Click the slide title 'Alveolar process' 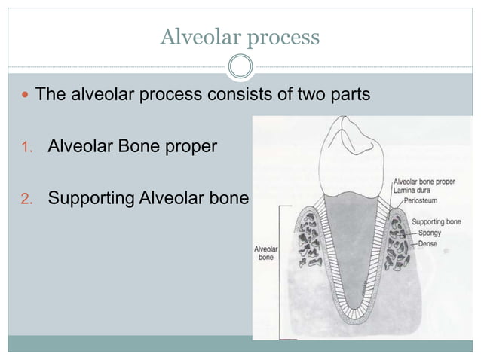[240, 36]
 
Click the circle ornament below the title [240, 67]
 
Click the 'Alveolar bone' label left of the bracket [266, 252]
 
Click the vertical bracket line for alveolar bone [281, 271]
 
